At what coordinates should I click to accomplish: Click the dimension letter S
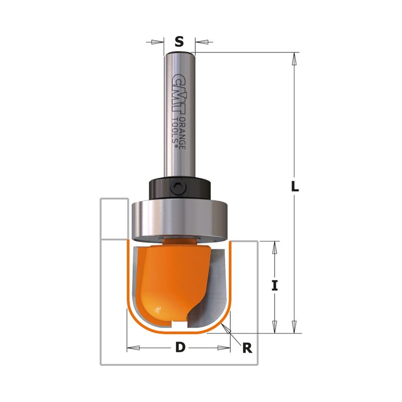pyautogui.click(x=179, y=42)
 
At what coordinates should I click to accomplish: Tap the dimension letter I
pyautogui.click(x=275, y=285)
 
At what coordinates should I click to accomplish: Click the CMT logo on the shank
pyautogui.click(x=179, y=94)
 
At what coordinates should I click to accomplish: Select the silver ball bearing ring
pyautogui.click(x=179, y=220)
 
